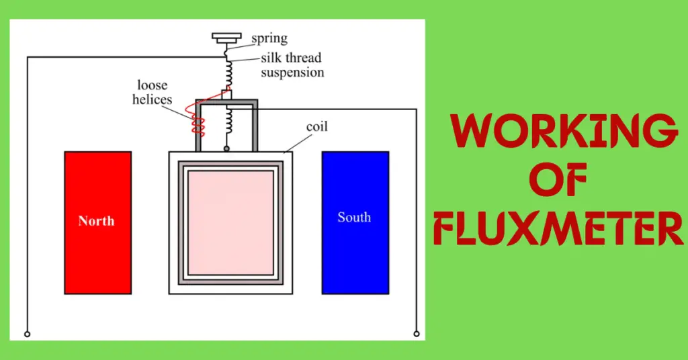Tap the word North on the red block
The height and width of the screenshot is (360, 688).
click(96, 221)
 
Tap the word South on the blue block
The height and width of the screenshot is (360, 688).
click(354, 218)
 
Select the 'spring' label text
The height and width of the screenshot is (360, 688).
click(269, 39)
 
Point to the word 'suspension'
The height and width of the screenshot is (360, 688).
click(293, 72)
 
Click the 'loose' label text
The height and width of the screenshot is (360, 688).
click(152, 86)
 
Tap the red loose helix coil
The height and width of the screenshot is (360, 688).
click(199, 120)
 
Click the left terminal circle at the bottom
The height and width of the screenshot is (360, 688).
click(27, 333)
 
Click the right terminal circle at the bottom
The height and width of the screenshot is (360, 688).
click(417, 332)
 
